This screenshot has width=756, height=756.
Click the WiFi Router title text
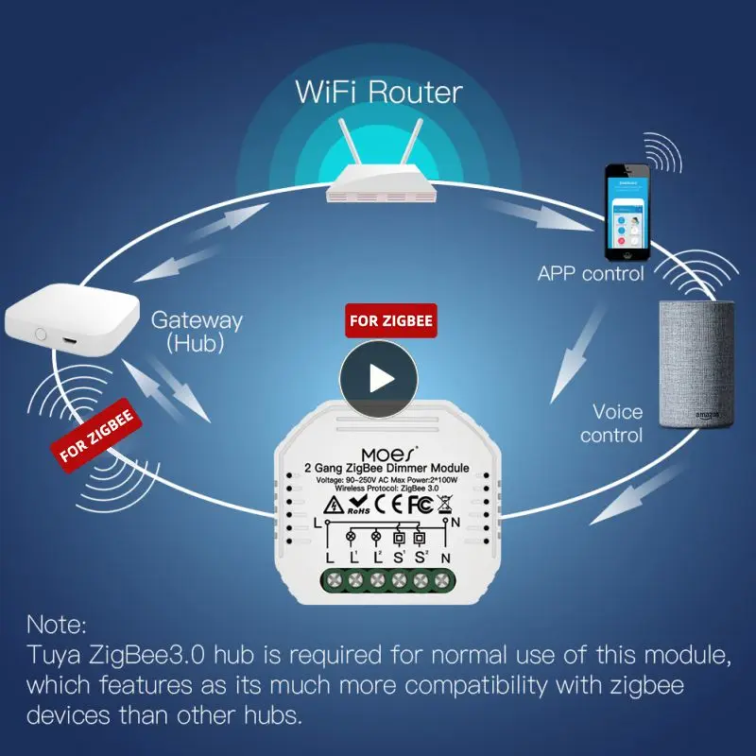tap(379, 93)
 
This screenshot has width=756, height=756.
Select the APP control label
tap(591, 274)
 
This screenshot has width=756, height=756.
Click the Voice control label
tap(611, 423)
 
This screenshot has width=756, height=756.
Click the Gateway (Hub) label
tap(197, 332)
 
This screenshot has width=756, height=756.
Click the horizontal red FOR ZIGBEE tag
tap(391, 321)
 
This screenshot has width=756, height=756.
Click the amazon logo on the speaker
tap(708, 414)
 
